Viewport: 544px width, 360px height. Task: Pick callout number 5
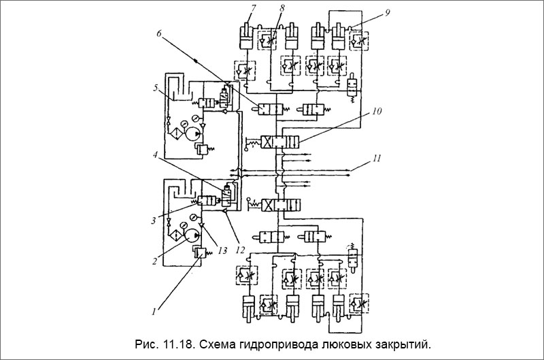pos(155,88)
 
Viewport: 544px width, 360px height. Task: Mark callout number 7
pos(252,7)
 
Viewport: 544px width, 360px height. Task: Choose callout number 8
pos(282,7)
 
